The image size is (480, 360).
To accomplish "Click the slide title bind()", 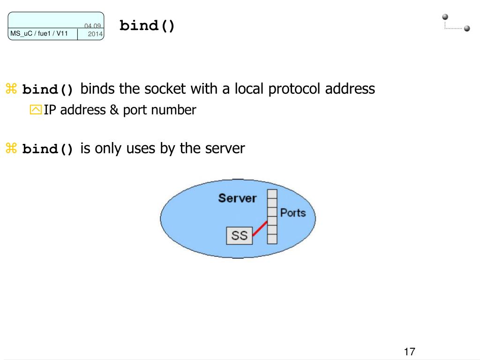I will point(147,26).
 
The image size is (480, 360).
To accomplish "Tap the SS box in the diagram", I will point(239,235).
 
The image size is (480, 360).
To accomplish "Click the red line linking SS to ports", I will point(260,228).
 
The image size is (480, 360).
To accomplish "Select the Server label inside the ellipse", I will point(237,198).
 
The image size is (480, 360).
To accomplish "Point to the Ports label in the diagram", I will point(292,213).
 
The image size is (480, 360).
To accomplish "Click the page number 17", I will point(409,352).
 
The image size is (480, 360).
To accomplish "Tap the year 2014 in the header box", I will point(95,34).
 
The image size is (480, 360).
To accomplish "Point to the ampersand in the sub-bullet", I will point(114,110).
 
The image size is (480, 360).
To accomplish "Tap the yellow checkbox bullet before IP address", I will point(36,110).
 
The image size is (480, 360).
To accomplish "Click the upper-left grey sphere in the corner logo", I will point(445,17).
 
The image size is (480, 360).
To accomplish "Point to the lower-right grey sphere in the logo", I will point(466,28).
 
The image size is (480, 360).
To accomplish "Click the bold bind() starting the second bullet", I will point(48,149).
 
